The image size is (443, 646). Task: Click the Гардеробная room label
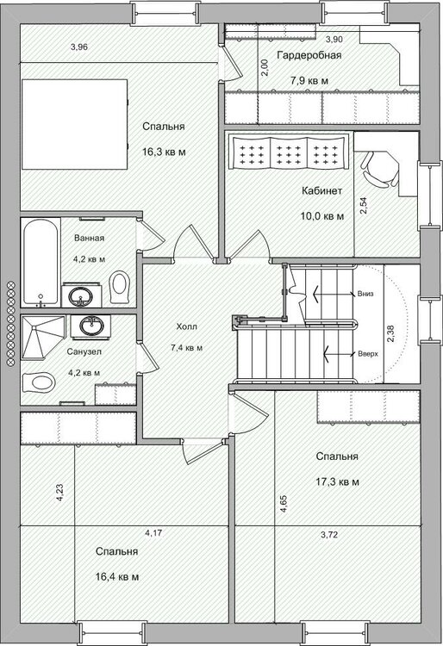tap(309, 55)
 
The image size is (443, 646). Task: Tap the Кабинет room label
tap(321, 190)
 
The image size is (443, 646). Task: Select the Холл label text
tap(187, 326)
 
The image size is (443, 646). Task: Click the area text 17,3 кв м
tap(338, 481)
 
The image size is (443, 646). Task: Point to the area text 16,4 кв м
tap(117, 577)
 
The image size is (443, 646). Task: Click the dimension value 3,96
tap(79, 47)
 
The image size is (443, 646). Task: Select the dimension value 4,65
tap(284, 504)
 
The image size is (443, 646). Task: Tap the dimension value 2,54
tap(364, 206)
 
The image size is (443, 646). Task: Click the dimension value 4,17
tap(153, 533)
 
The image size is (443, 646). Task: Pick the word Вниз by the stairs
tap(365, 295)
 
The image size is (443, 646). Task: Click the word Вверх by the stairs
tap(368, 354)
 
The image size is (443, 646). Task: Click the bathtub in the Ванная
tap(41, 262)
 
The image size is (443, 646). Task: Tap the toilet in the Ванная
tap(120, 287)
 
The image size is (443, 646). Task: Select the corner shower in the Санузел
tap(43, 337)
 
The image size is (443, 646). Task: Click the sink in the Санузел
tap(90, 326)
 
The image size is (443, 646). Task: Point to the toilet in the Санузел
tap(39, 382)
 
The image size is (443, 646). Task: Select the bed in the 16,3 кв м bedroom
tap(74, 124)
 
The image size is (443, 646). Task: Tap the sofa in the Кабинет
tap(289, 152)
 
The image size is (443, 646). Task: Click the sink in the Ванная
tap(82, 295)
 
